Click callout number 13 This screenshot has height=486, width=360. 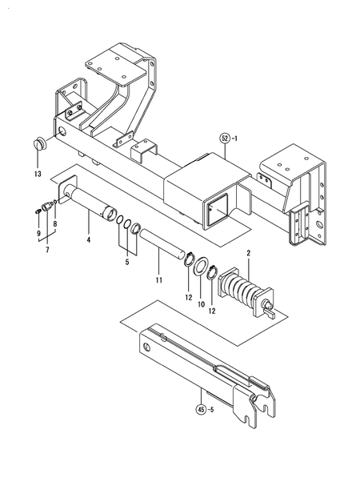click(x=37, y=173)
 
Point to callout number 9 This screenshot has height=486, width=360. click(x=37, y=233)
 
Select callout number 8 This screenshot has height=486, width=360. click(x=54, y=224)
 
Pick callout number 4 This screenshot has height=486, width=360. click(x=89, y=239)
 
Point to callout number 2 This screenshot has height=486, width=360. click(x=249, y=254)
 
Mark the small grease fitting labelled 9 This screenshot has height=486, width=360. click(x=37, y=210)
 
